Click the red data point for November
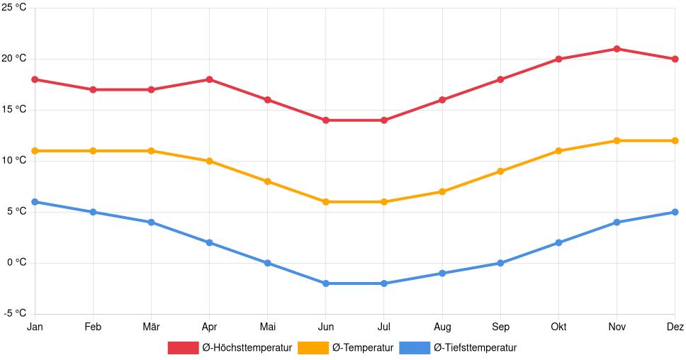tap(617, 49)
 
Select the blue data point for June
tap(326, 283)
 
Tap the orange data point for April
tap(209, 161)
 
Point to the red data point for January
tap(35, 79)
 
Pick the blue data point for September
tap(500, 263)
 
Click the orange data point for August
tap(442, 191)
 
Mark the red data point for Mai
tap(267, 100)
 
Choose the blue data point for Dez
tap(675, 212)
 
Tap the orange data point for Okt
tap(558, 151)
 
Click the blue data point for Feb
tap(93, 212)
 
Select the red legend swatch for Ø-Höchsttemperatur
tap(183, 348)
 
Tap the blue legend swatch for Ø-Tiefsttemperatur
tap(415, 348)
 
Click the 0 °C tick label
tap(16, 263)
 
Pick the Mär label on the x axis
tap(151, 327)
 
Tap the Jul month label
tap(384, 327)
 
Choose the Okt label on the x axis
tap(558, 327)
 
